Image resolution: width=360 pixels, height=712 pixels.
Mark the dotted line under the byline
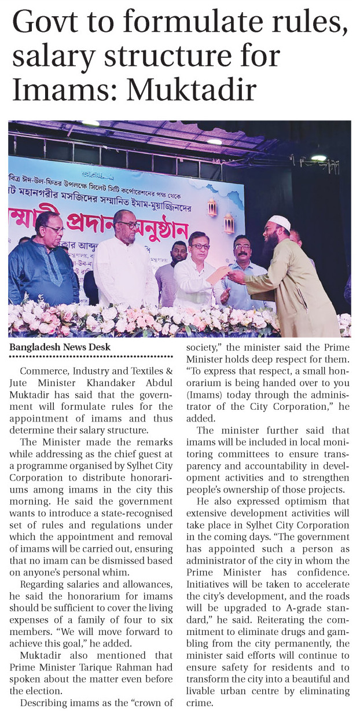click(91, 357)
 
